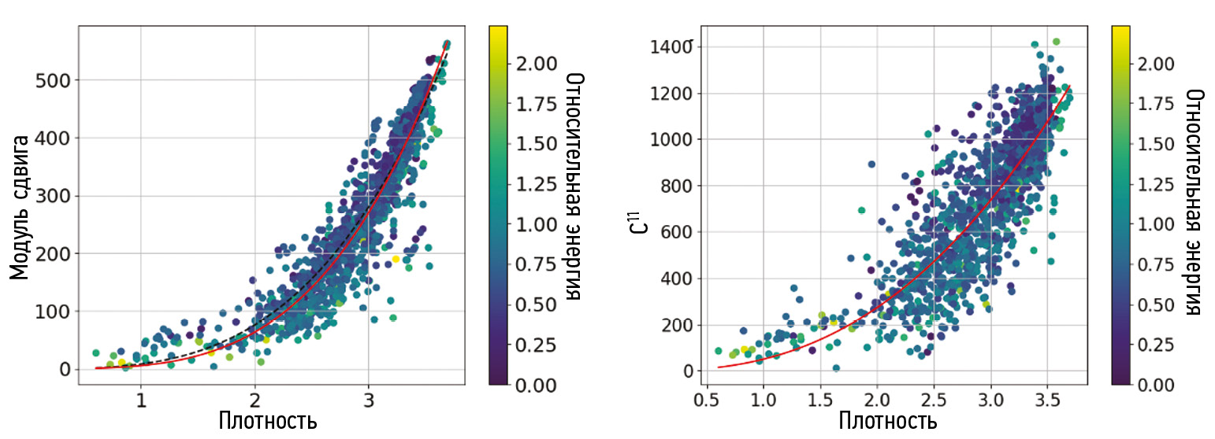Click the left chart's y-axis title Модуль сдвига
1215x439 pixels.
coord(21,207)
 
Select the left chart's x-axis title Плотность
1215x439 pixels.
coord(267,420)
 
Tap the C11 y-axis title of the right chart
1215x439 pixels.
coord(642,218)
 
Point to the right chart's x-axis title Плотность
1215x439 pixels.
coord(887,420)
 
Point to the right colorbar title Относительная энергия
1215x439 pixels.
coord(1195,201)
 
